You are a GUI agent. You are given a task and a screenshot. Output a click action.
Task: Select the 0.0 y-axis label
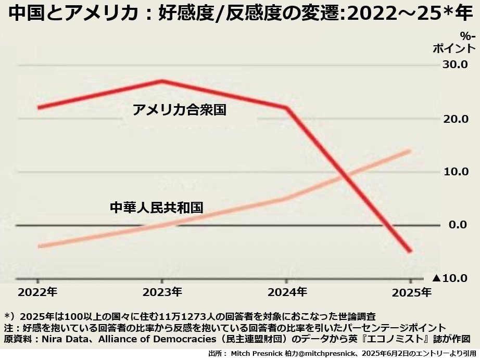click(x=458, y=225)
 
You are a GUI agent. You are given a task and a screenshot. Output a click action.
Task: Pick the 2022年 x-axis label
click(x=37, y=292)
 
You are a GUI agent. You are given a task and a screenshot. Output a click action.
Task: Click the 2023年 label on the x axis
click(x=162, y=292)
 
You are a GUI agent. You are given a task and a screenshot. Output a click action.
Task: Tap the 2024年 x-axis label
click(x=287, y=292)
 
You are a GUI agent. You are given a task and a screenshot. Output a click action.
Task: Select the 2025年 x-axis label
click(x=412, y=292)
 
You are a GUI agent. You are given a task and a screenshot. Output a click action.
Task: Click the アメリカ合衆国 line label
click(x=179, y=110)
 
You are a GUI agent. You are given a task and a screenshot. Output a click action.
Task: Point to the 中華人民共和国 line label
click(x=156, y=208)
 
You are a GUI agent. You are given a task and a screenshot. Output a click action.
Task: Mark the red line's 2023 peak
click(x=162, y=81)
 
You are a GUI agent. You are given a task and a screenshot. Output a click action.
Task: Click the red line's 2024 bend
click(x=287, y=108)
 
